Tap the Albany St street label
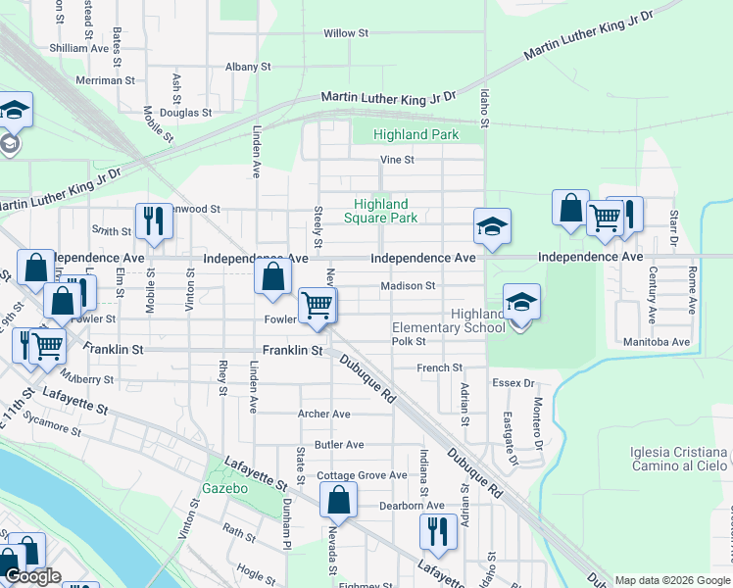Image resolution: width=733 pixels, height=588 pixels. pos(247,67)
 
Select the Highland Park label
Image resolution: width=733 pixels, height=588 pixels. pos(415,134)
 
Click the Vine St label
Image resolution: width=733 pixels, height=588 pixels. pos(397,160)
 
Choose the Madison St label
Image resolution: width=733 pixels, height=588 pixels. pos(409,286)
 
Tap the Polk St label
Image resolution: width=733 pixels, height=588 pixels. pos(409,341)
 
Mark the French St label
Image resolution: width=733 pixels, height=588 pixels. pos(440,368)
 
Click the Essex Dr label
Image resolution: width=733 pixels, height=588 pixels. pos(513,383)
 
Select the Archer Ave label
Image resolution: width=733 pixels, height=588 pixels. pos(323,414)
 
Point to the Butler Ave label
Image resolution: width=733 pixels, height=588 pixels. pos(339,444)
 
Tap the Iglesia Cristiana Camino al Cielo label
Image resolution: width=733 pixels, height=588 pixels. pos(679,461)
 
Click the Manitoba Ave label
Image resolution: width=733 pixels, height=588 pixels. pos(657,342)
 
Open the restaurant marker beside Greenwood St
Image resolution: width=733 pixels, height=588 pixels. pos(154,221)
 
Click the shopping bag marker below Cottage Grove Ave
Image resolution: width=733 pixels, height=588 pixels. pos(338,500)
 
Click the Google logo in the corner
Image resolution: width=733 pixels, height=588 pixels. pos(33,576)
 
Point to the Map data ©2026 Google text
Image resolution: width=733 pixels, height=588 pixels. pos(672,580)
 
